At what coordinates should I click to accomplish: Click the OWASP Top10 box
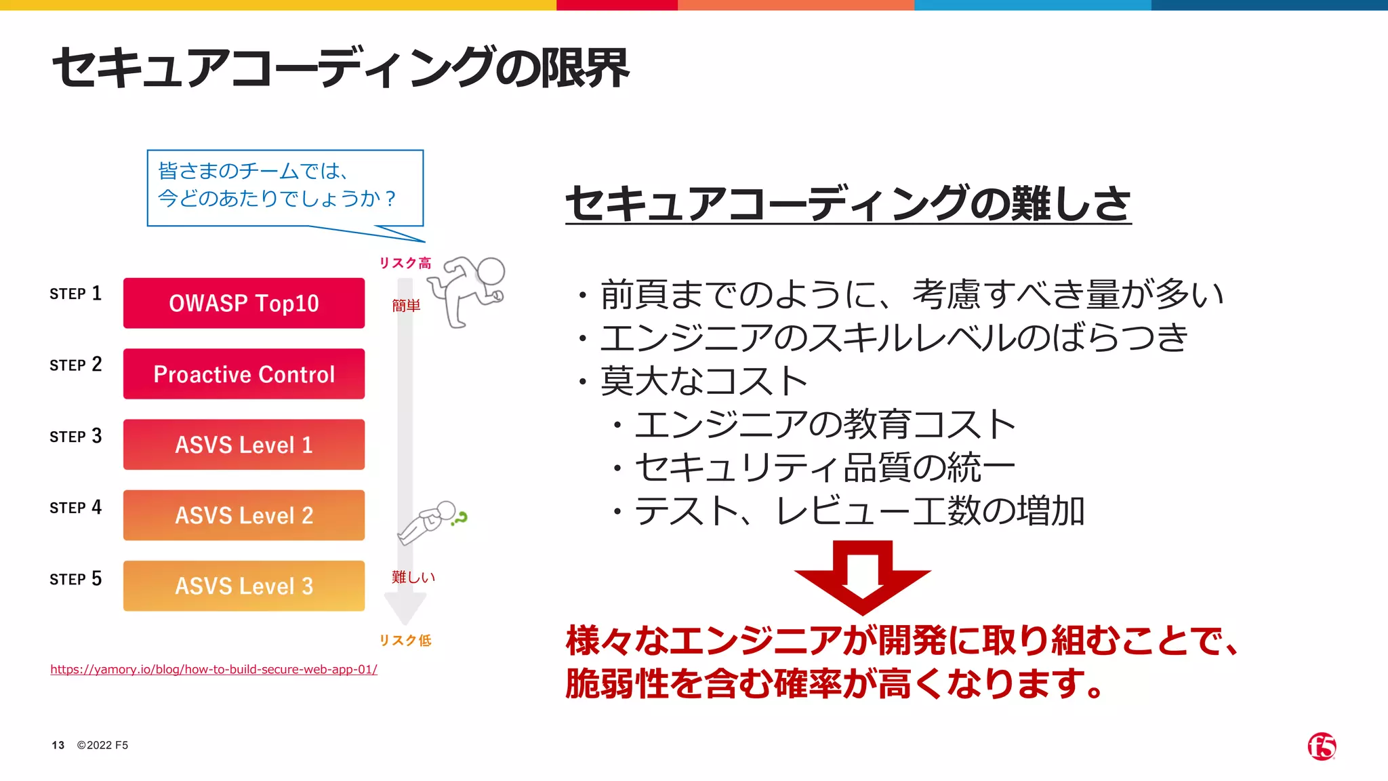point(244,303)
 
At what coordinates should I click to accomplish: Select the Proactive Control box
point(244,374)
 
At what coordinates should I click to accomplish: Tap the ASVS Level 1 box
point(244,445)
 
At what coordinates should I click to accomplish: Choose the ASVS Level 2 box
point(244,515)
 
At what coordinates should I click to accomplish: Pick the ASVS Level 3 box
point(244,586)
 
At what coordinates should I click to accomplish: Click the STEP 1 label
point(75,294)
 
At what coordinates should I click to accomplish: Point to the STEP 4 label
point(75,508)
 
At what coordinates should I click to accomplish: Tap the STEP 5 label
point(75,579)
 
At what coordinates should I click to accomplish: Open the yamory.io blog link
point(213,669)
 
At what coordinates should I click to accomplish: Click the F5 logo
point(1322,746)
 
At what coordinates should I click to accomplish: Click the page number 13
point(58,745)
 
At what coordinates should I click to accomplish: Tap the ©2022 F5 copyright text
point(102,745)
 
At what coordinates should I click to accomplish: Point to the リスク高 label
point(405,263)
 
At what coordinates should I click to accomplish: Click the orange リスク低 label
point(405,640)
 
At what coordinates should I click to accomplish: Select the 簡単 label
point(406,306)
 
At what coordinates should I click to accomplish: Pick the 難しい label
point(413,577)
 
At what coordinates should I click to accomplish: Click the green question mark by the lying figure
point(460,519)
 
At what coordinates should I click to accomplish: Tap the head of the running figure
point(491,271)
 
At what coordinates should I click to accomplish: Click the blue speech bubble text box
point(285,188)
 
